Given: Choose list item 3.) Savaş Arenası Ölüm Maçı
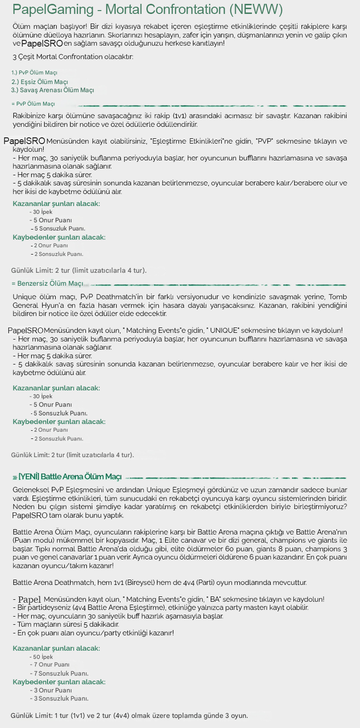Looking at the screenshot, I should tap(52, 90).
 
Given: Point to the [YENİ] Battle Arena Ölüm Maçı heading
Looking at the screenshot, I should tap(67, 477).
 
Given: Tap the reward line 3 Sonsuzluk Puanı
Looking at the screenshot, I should tap(60, 698).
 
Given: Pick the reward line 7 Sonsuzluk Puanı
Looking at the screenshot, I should tap(60, 673).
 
